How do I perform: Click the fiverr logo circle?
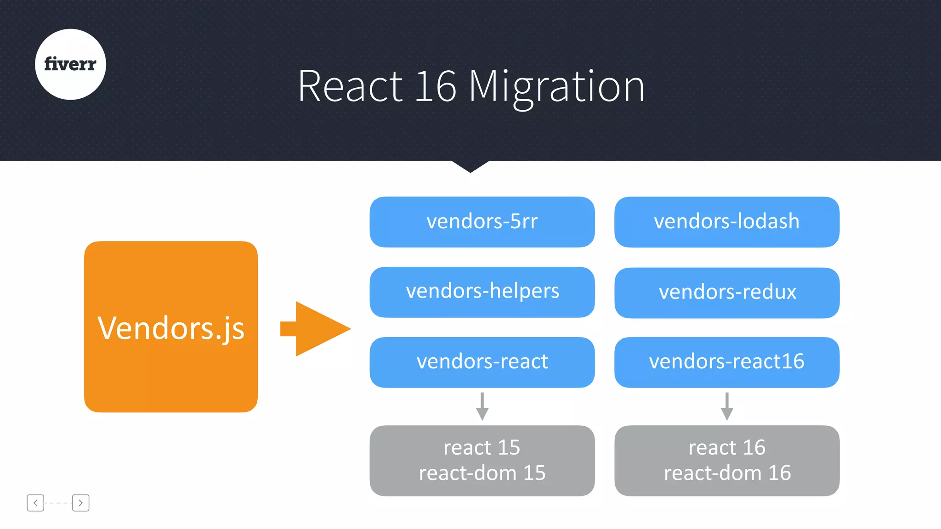point(70,64)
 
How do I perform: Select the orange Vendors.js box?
point(170,326)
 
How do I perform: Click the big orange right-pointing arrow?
point(317,329)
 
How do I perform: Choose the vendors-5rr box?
point(482,222)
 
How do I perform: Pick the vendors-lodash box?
point(726,222)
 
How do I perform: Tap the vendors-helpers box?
point(482,292)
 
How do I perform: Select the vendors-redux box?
point(726,293)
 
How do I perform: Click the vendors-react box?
point(482,362)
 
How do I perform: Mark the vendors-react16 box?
point(726,362)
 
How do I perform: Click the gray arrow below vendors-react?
point(482,407)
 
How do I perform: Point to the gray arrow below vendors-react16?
point(726,407)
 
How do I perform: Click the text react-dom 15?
point(482,473)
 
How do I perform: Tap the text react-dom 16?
point(727,473)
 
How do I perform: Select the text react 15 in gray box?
point(482,447)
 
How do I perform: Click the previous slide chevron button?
point(35,503)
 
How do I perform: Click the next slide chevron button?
point(80,503)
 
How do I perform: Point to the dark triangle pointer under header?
point(470,165)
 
